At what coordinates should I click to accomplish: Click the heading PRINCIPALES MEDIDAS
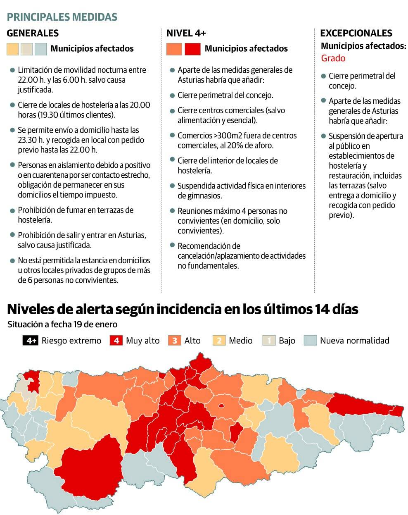62,17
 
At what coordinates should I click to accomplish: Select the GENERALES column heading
33,33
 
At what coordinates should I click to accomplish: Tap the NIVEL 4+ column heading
186,33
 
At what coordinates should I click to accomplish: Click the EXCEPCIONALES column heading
356,33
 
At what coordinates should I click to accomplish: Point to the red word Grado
333,58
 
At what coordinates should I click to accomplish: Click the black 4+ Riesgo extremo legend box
31,341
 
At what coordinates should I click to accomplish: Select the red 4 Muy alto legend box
116,341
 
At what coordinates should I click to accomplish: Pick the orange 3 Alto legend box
175,341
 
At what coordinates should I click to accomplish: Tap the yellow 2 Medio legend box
219,341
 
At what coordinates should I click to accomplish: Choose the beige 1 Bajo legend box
269,341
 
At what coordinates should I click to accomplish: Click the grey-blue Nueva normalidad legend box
310,341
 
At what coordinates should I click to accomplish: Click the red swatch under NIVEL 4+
192,49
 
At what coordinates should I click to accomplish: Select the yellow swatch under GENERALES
13,49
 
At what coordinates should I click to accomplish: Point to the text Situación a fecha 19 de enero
62,324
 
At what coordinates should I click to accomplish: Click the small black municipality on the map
162,375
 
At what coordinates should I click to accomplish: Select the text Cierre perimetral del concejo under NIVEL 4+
225,95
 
